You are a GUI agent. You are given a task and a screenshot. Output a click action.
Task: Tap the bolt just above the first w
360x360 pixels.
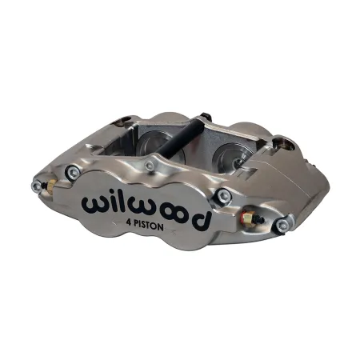tap(74, 170)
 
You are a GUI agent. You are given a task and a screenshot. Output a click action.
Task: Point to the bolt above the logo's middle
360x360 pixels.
tap(150, 166)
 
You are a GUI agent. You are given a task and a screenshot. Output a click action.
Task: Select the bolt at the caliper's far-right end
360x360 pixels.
tap(282, 226)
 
